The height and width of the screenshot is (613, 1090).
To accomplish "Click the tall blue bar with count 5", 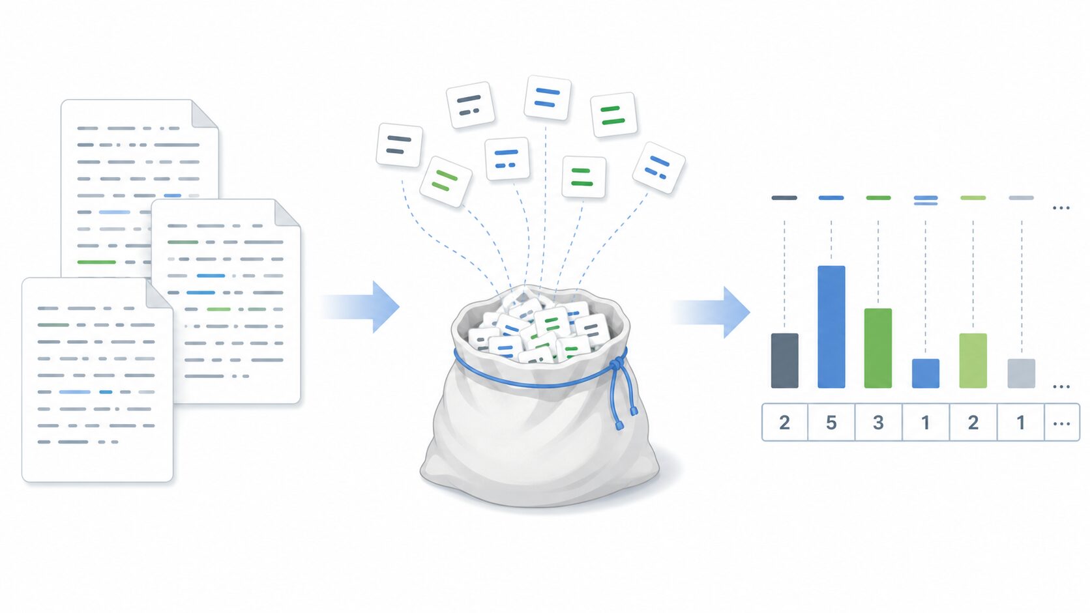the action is (831, 326).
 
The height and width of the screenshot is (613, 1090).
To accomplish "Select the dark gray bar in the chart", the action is (784, 361).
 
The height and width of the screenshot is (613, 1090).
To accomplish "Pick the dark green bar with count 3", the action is (878, 348).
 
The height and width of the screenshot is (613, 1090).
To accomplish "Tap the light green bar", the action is (973, 361).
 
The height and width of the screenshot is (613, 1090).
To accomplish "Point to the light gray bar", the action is (1021, 373).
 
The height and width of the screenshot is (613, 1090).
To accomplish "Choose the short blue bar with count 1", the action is (926, 373).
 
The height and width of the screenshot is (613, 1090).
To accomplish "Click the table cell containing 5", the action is (831, 422).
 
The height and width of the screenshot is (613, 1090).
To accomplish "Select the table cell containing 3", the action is (878, 422).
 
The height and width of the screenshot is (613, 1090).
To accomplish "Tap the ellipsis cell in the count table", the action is (1062, 422).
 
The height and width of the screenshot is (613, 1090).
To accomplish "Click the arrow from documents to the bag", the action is (360, 307).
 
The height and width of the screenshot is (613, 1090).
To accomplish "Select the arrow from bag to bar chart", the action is (711, 312).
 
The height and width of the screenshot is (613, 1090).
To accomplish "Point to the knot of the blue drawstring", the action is (617, 364).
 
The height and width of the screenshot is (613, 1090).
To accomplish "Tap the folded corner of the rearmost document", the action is (205, 114).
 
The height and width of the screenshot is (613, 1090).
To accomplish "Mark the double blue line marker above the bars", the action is (926, 200).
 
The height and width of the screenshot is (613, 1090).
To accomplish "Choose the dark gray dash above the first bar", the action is (784, 198).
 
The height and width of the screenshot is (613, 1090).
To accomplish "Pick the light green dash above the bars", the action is (973, 198).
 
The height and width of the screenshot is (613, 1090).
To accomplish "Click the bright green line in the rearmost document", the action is (96, 262).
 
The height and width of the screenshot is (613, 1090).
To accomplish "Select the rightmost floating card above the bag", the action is (659, 167).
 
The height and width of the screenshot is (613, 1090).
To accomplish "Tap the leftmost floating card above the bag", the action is (400, 145).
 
